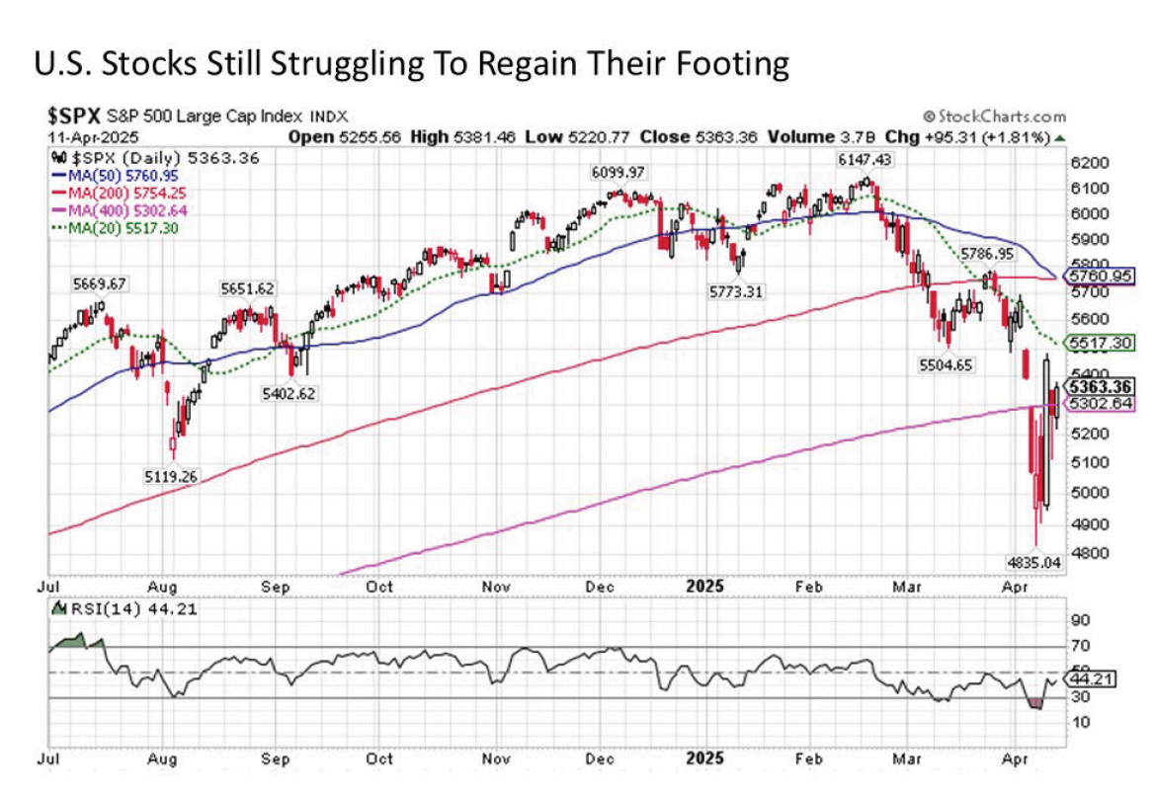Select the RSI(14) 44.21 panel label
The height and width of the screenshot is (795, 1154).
pyautogui.click(x=129, y=609)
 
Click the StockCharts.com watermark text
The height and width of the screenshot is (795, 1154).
pyautogui.click(x=996, y=117)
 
